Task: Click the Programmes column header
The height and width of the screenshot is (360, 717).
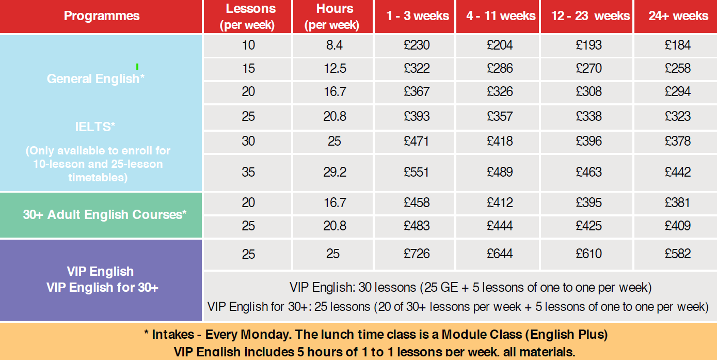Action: [x=102, y=16]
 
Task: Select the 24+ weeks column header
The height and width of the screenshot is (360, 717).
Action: [x=678, y=16]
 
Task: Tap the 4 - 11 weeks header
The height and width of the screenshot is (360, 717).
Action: [x=500, y=16]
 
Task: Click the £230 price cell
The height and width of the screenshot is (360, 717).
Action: [x=416, y=45]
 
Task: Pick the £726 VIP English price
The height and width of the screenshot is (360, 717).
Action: [x=416, y=254]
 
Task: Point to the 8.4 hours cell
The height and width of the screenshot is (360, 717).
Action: [x=334, y=45]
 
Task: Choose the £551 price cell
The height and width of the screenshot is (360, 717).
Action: [x=416, y=172]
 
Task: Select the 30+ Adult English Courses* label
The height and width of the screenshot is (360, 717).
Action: [x=105, y=214]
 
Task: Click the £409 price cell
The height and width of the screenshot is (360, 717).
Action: [x=677, y=226]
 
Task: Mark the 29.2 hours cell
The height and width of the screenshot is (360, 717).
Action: [x=334, y=172]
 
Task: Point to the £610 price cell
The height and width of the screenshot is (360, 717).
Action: [x=588, y=254]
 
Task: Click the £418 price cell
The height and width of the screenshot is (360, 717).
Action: [x=500, y=141]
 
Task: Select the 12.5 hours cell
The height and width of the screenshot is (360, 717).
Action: [x=334, y=69]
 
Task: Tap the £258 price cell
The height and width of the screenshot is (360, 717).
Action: [x=677, y=69]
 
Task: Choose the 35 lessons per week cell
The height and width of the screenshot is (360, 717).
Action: [x=248, y=172]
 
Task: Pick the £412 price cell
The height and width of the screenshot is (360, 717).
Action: [x=500, y=202]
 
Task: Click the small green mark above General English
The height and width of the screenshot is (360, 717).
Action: [x=137, y=67]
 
